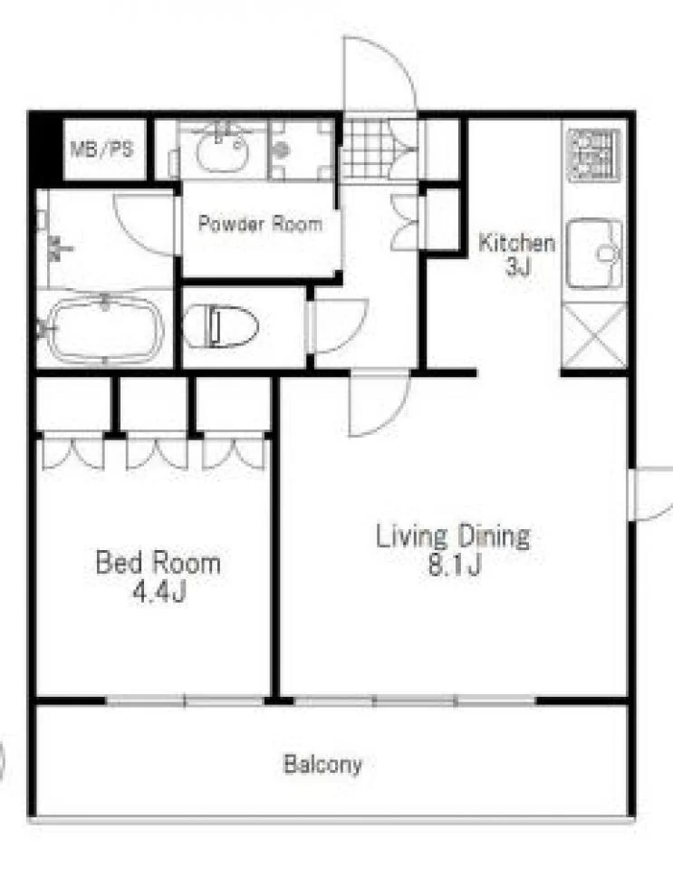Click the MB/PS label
[x=101, y=150]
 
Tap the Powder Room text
[x=260, y=224]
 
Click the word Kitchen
[x=516, y=243]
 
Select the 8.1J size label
[x=454, y=565]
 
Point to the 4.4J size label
[x=159, y=592]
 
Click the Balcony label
[x=322, y=764]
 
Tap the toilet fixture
[x=221, y=327]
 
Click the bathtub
[x=105, y=328]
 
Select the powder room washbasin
[x=223, y=150]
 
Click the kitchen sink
[x=595, y=253]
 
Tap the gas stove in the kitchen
[x=594, y=155]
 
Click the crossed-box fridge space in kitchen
[x=594, y=337]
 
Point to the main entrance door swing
[x=380, y=73]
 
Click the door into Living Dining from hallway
[x=378, y=403]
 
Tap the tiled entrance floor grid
[x=365, y=150]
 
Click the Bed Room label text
[x=159, y=563]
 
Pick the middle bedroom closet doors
[x=157, y=454]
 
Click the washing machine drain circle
[x=282, y=150]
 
